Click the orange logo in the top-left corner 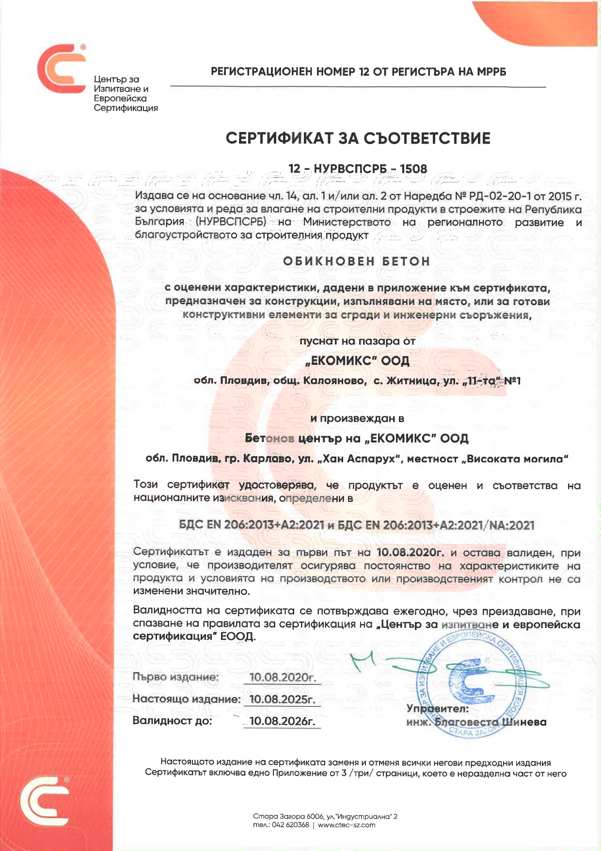tap(61, 68)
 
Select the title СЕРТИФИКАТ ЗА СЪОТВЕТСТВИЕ tap(358, 139)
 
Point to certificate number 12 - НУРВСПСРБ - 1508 tap(358, 169)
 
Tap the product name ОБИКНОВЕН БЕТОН tap(357, 261)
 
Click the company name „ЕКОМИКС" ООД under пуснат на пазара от tap(358, 361)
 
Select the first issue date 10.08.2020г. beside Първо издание tap(283, 677)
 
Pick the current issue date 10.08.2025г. tap(283, 699)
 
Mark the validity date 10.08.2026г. tap(283, 721)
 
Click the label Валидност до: tap(172, 721)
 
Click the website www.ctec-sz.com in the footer tap(347, 825)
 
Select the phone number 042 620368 tap(290, 825)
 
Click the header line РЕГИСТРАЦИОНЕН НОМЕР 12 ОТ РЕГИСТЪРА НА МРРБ tap(358, 72)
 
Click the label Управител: tap(437, 709)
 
